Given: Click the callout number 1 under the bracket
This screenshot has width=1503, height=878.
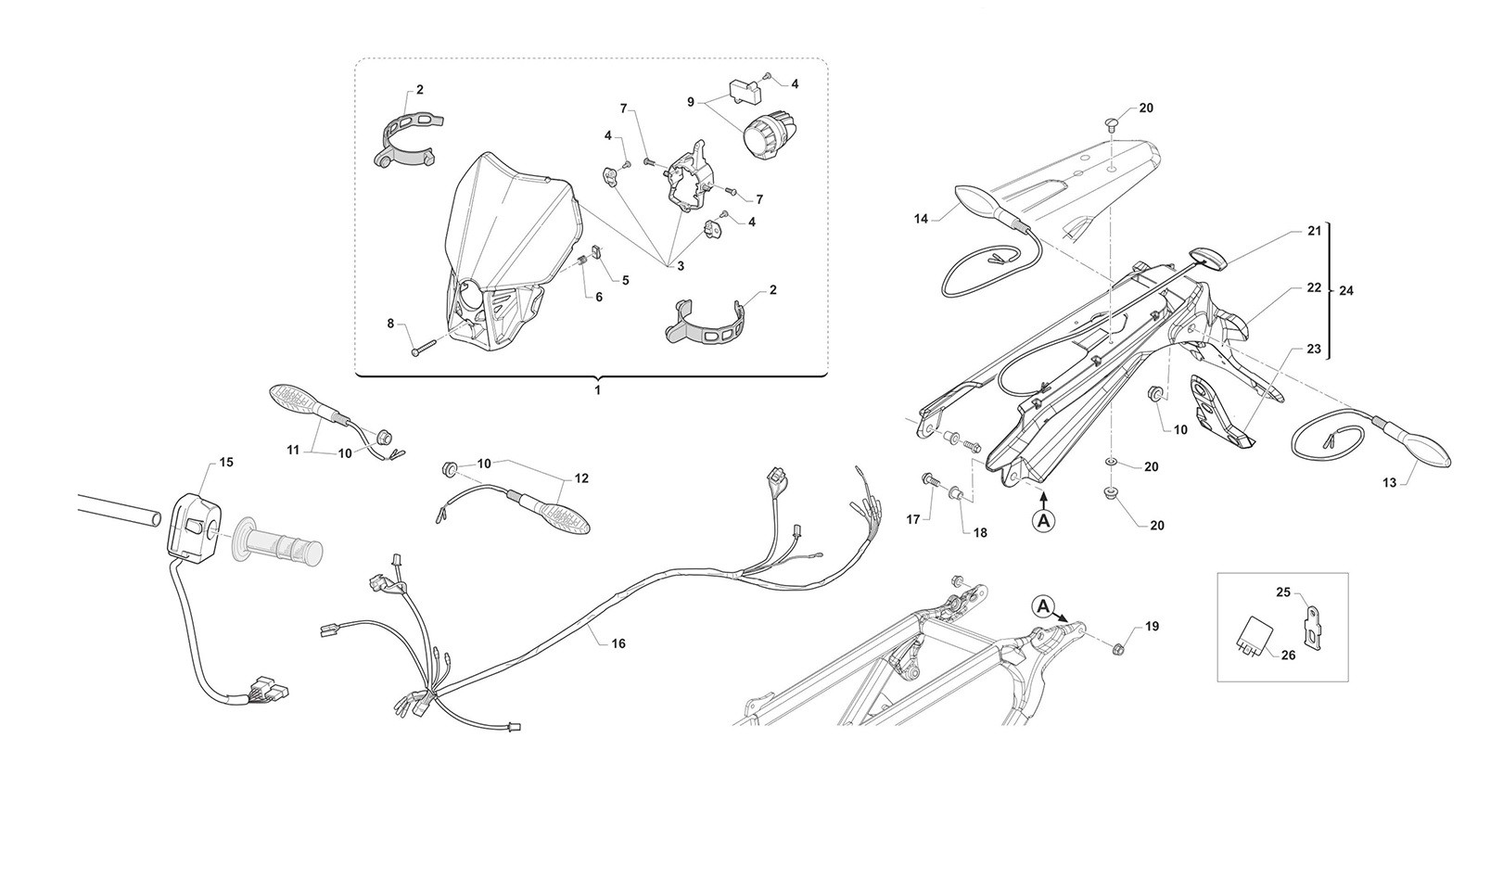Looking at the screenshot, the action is tap(598, 389).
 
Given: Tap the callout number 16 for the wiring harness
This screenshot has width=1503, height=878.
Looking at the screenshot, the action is tap(618, 643).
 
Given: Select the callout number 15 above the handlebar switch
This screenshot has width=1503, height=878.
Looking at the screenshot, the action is tap(227, 462).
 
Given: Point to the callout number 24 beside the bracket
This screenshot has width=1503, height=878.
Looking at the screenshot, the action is tap(1346, 290).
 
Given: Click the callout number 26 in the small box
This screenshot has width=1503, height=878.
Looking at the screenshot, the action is tap(1288, 655).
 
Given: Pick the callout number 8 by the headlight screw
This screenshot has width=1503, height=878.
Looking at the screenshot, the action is tap(391, 324).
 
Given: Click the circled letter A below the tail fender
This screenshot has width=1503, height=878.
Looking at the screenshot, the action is tap(1043, 519).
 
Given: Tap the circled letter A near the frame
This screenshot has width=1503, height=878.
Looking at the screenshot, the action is tap(1043, 606).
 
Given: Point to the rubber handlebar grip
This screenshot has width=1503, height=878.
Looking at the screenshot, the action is tap(277, 541).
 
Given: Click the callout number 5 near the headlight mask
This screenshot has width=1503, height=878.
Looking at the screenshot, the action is tap(625, 280).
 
